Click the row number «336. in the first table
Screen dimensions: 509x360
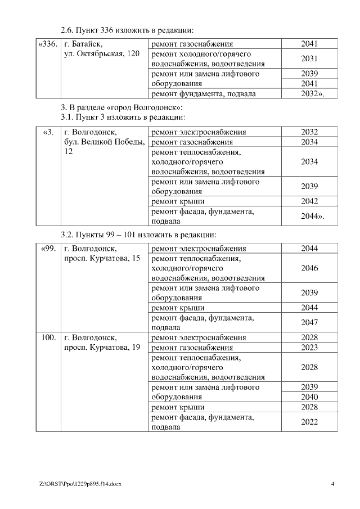[x=47, y=44]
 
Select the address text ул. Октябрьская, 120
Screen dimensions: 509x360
[x=102, y=54]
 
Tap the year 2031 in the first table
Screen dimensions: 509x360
[x=309, y=58]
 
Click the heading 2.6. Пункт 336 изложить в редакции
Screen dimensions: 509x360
[x=130, y=29]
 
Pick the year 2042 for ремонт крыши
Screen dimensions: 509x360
[x=309, y=201]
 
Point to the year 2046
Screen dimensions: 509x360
[x=309, y=268]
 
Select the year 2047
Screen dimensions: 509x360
[x=309, y=322]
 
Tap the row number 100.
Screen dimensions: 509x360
[x=48, y=337]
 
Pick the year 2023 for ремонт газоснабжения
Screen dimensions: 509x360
[x=309, y=347]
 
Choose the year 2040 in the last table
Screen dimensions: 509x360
[x=309, y=397]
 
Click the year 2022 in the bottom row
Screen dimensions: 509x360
[x=309, y=422]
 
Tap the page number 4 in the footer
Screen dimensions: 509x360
[x=332, y=484]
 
